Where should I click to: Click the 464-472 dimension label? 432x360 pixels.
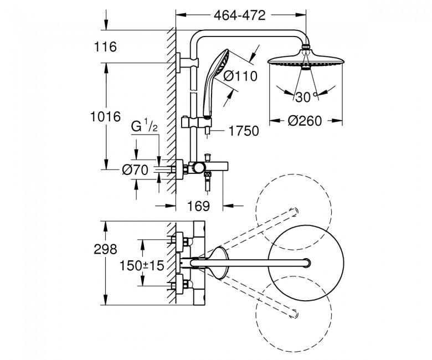click(x=240, y=16)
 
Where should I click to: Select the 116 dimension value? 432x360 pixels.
click(x=106, y=47)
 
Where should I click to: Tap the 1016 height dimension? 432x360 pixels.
click(x=106, y=117)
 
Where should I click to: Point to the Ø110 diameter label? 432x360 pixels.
click(x=240, y=76)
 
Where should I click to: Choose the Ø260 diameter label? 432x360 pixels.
click(x=305, y=121)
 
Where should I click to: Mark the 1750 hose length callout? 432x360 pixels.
click(x=244, y=131)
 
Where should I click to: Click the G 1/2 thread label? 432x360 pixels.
click(x=145, y=127)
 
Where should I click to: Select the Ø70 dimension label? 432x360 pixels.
click(x=135, y=170)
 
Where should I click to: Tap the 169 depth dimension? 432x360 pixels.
click(x=199, y=205)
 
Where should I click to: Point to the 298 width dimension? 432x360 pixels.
click(x=106, y=249)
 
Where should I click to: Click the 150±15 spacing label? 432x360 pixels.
click(x=142, y=266)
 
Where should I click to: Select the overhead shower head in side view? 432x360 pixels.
click(x=306, y=59)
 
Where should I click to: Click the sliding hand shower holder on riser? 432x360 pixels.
click(x=197, y=122)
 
